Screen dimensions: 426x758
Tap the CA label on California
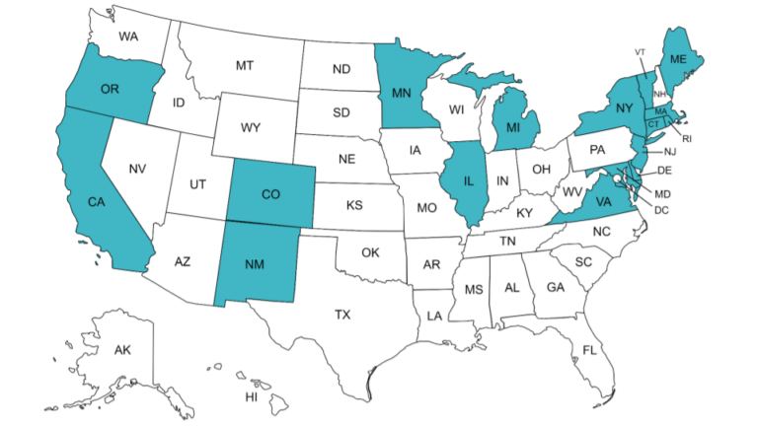[x=96, y=202]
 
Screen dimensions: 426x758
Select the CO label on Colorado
[x=270, y=193]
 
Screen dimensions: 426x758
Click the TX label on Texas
[x=341, y=315]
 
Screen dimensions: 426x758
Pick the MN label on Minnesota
[x=401, y=95]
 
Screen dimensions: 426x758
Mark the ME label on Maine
[x=678, y=59]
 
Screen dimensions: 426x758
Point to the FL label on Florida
[x=589, y=350]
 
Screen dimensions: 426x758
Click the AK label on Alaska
[x=122, y=350]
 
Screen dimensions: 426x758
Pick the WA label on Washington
[x=128, y=37]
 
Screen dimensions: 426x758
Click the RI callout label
[x=687, y=139]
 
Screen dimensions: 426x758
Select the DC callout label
[x=662, y=209]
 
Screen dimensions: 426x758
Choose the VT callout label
[x=640, y=51]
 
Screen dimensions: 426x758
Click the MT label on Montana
[x=245, y=65]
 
